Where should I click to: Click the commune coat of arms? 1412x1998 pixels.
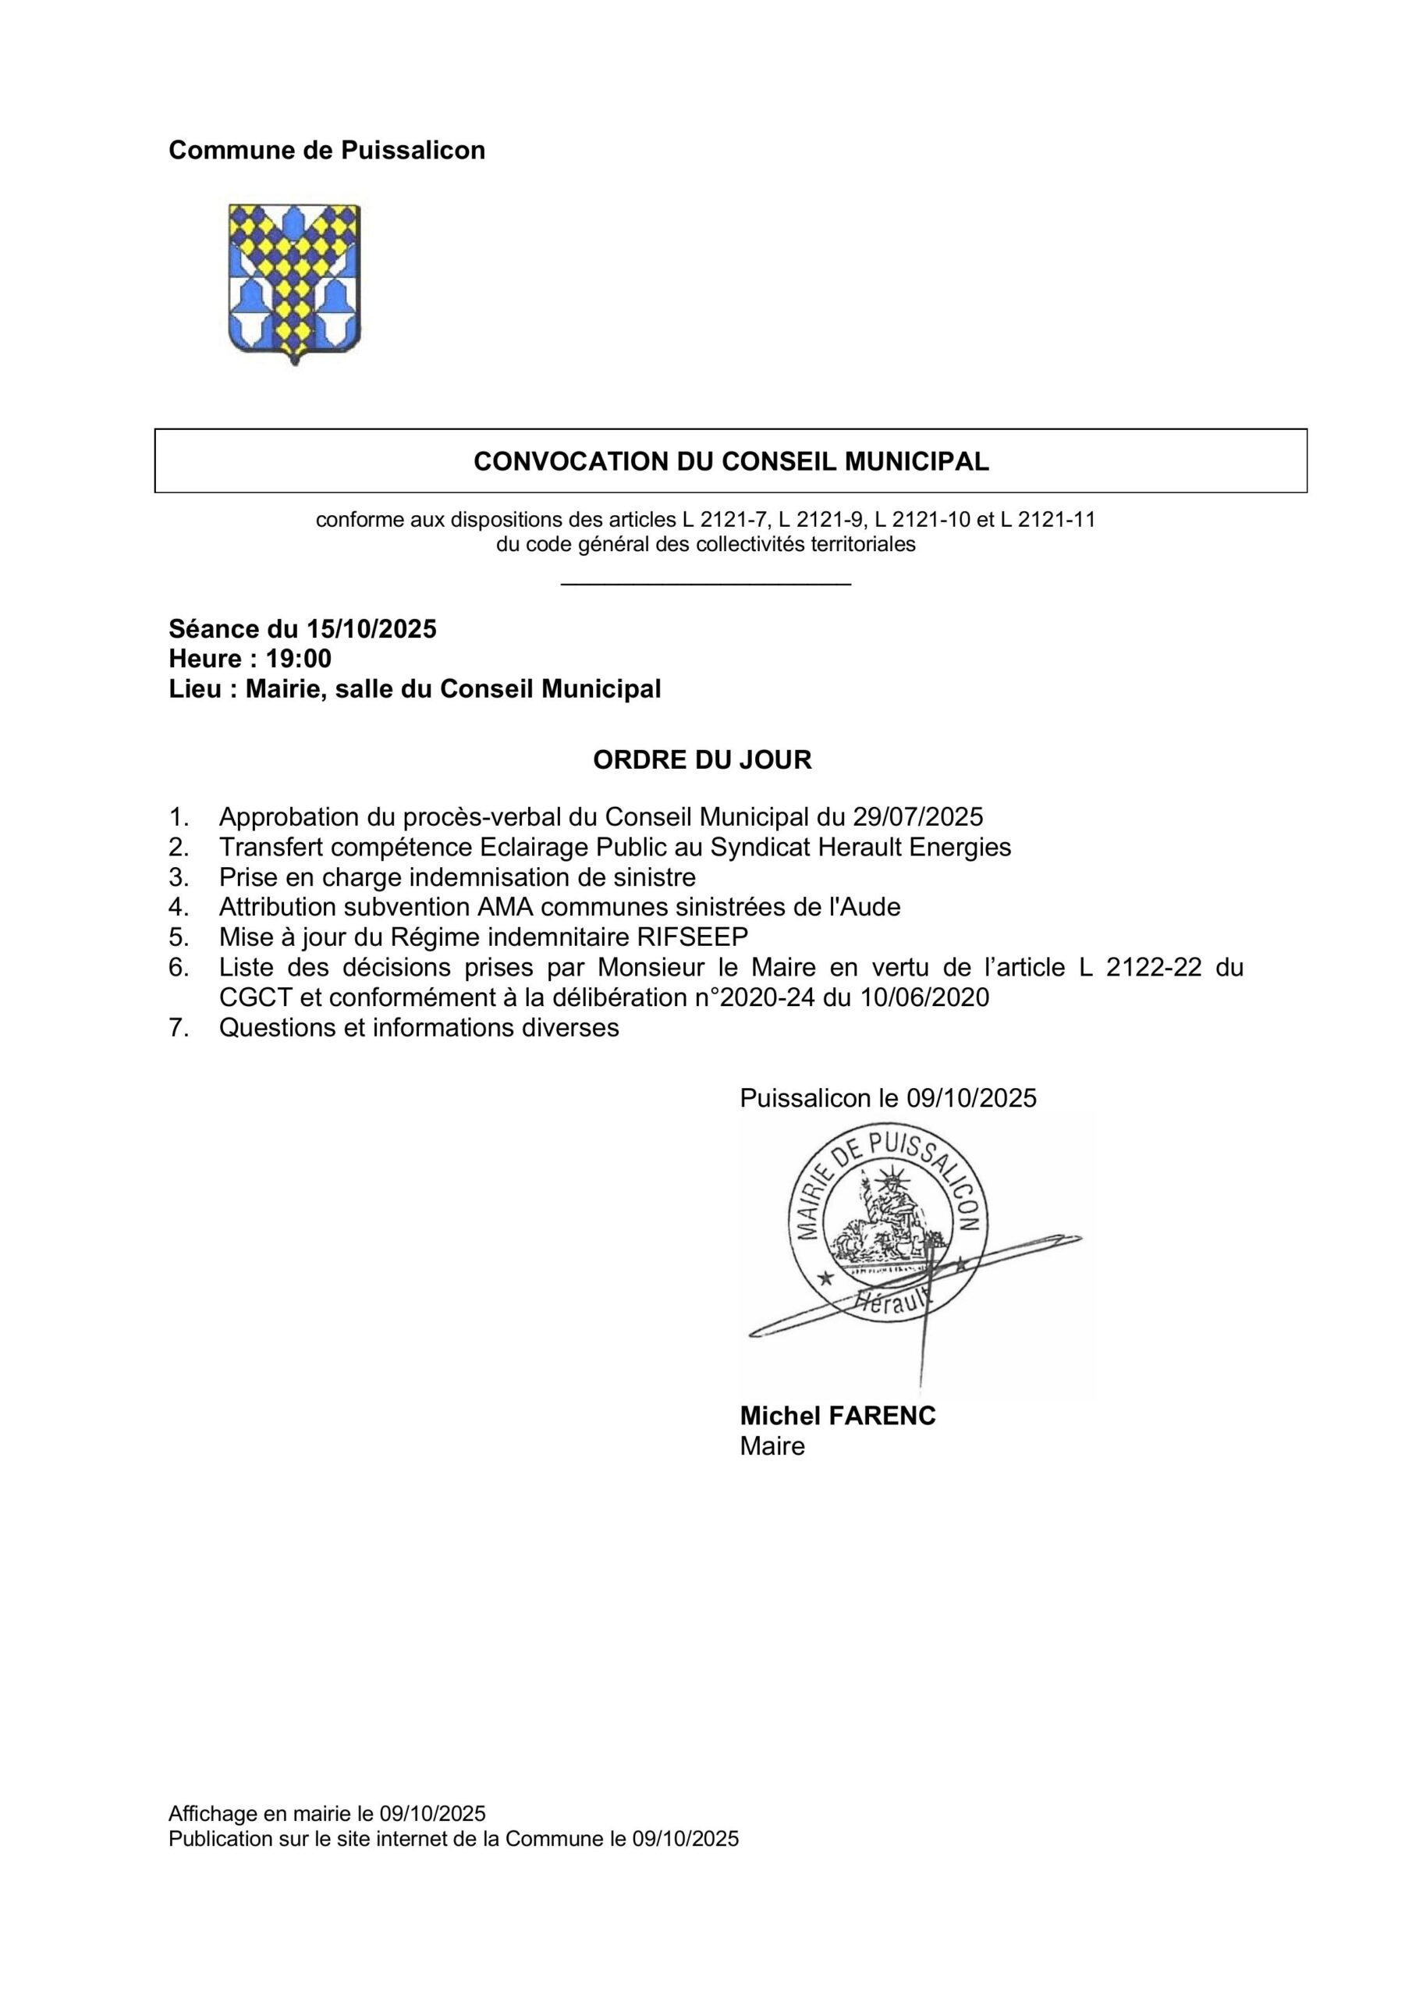294,283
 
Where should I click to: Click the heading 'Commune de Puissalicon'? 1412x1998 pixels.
326,151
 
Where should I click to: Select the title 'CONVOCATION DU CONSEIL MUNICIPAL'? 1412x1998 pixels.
731,461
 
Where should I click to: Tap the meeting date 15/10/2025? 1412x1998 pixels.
371,628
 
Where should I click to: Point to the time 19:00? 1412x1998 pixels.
299,658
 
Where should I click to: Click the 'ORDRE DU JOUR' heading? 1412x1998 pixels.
702,759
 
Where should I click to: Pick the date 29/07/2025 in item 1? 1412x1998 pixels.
918,817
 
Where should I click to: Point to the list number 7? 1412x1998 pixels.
178,1028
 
